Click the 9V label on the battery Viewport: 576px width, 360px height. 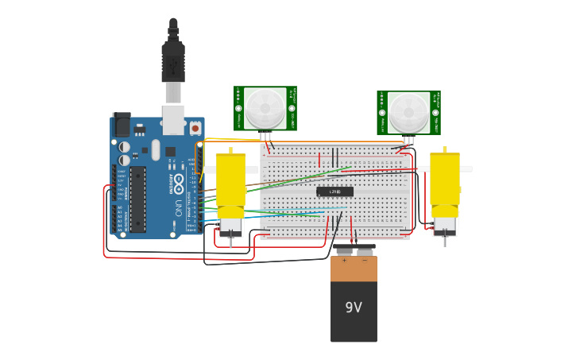[354, 308]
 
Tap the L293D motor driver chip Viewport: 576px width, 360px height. [334, 192]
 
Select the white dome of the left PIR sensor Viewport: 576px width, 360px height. [265, 108]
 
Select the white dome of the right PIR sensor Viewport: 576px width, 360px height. [408, 112]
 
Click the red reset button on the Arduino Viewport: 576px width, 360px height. [195, 126]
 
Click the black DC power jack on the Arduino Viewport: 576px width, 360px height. [122, 124]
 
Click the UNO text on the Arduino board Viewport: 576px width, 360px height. [177, 209]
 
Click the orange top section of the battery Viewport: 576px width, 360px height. [354, 269]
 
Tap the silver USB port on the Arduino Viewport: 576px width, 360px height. [173, 119]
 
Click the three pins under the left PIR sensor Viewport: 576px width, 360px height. [265, 137]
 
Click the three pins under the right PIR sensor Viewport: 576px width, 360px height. [408, 140]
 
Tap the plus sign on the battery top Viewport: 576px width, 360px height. [344, 261]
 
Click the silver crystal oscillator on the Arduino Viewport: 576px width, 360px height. [156, 149]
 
